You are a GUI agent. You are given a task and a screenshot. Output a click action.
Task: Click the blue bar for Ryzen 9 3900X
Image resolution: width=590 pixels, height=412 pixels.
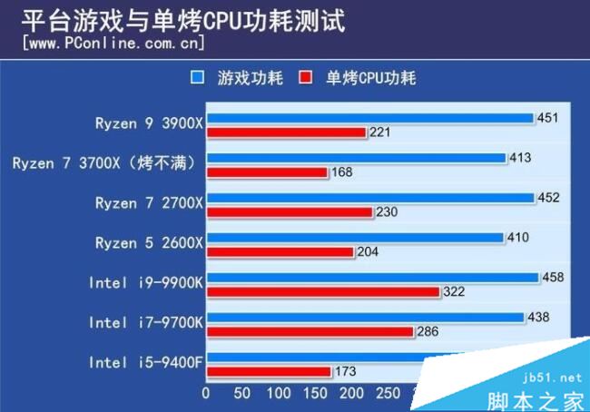tap(369, 118)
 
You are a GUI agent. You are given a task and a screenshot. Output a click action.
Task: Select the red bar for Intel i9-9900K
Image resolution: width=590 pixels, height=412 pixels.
tap(322, 291)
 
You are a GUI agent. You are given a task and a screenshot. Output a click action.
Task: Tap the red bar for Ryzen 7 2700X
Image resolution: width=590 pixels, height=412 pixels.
tap(290, 212)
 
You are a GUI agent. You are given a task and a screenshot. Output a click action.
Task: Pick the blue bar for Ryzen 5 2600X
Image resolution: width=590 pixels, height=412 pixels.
tap(354, 238)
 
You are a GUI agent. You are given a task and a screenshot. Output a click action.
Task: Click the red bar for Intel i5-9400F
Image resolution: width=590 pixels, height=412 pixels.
tap(269, 371)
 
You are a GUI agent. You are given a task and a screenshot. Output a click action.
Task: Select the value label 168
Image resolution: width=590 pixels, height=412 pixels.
tap(342, 172)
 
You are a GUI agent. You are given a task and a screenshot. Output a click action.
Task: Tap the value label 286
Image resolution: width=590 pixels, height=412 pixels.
tap(428, 331)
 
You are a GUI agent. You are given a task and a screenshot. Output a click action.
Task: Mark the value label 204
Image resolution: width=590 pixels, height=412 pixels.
tap(369, 252)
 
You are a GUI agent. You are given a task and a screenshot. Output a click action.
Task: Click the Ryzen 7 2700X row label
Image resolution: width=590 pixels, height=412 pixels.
tap(149, 202)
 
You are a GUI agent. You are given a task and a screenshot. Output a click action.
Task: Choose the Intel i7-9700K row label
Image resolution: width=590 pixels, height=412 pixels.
tap(146, 322)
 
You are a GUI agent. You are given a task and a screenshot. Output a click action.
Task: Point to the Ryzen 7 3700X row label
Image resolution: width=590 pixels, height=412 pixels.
tap(107, 163)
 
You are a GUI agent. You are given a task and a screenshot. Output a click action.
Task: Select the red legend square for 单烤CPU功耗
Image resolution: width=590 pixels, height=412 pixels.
tap(306, 78)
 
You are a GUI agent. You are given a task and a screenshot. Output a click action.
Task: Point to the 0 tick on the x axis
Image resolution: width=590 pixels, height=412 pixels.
tap(206, 394)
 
